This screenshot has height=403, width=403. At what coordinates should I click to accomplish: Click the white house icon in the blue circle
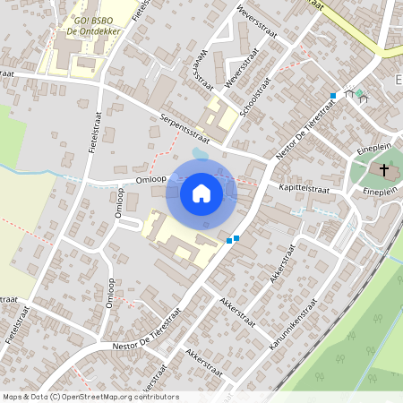201,193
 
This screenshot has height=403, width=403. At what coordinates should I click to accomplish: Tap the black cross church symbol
386,169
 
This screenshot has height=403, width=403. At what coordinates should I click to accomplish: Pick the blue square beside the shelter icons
333,95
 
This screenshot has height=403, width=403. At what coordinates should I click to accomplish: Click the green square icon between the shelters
359,92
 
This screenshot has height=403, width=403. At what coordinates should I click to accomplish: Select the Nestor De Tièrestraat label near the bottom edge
148,329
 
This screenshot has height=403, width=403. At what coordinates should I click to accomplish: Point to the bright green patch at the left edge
11,134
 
